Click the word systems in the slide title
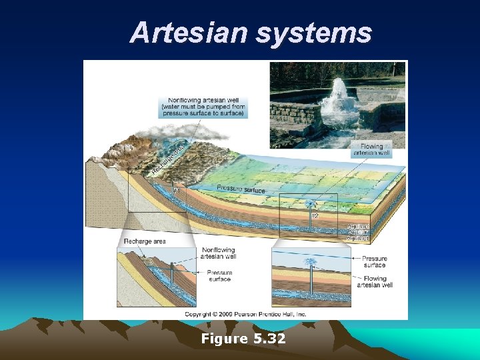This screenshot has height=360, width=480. (x=313, y=32)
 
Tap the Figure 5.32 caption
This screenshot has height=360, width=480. (x=243, y=339)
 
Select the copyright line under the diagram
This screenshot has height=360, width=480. (x=245, y=313)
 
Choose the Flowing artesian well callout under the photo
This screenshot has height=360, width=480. (x=372, y=149)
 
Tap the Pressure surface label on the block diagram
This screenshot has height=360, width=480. (x=241, y=189)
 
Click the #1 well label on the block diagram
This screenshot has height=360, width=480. (x=176, y=190)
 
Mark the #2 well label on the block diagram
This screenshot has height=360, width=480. (x=315, y=215)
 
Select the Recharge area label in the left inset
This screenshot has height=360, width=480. (x=145, y=241)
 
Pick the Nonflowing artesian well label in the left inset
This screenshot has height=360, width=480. (x=217, y=254)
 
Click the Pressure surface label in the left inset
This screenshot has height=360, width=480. (x=219, y=275)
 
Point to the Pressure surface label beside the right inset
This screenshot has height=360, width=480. (x=375, y=261)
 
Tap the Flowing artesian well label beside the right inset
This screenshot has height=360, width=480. (x=375, y=282)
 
